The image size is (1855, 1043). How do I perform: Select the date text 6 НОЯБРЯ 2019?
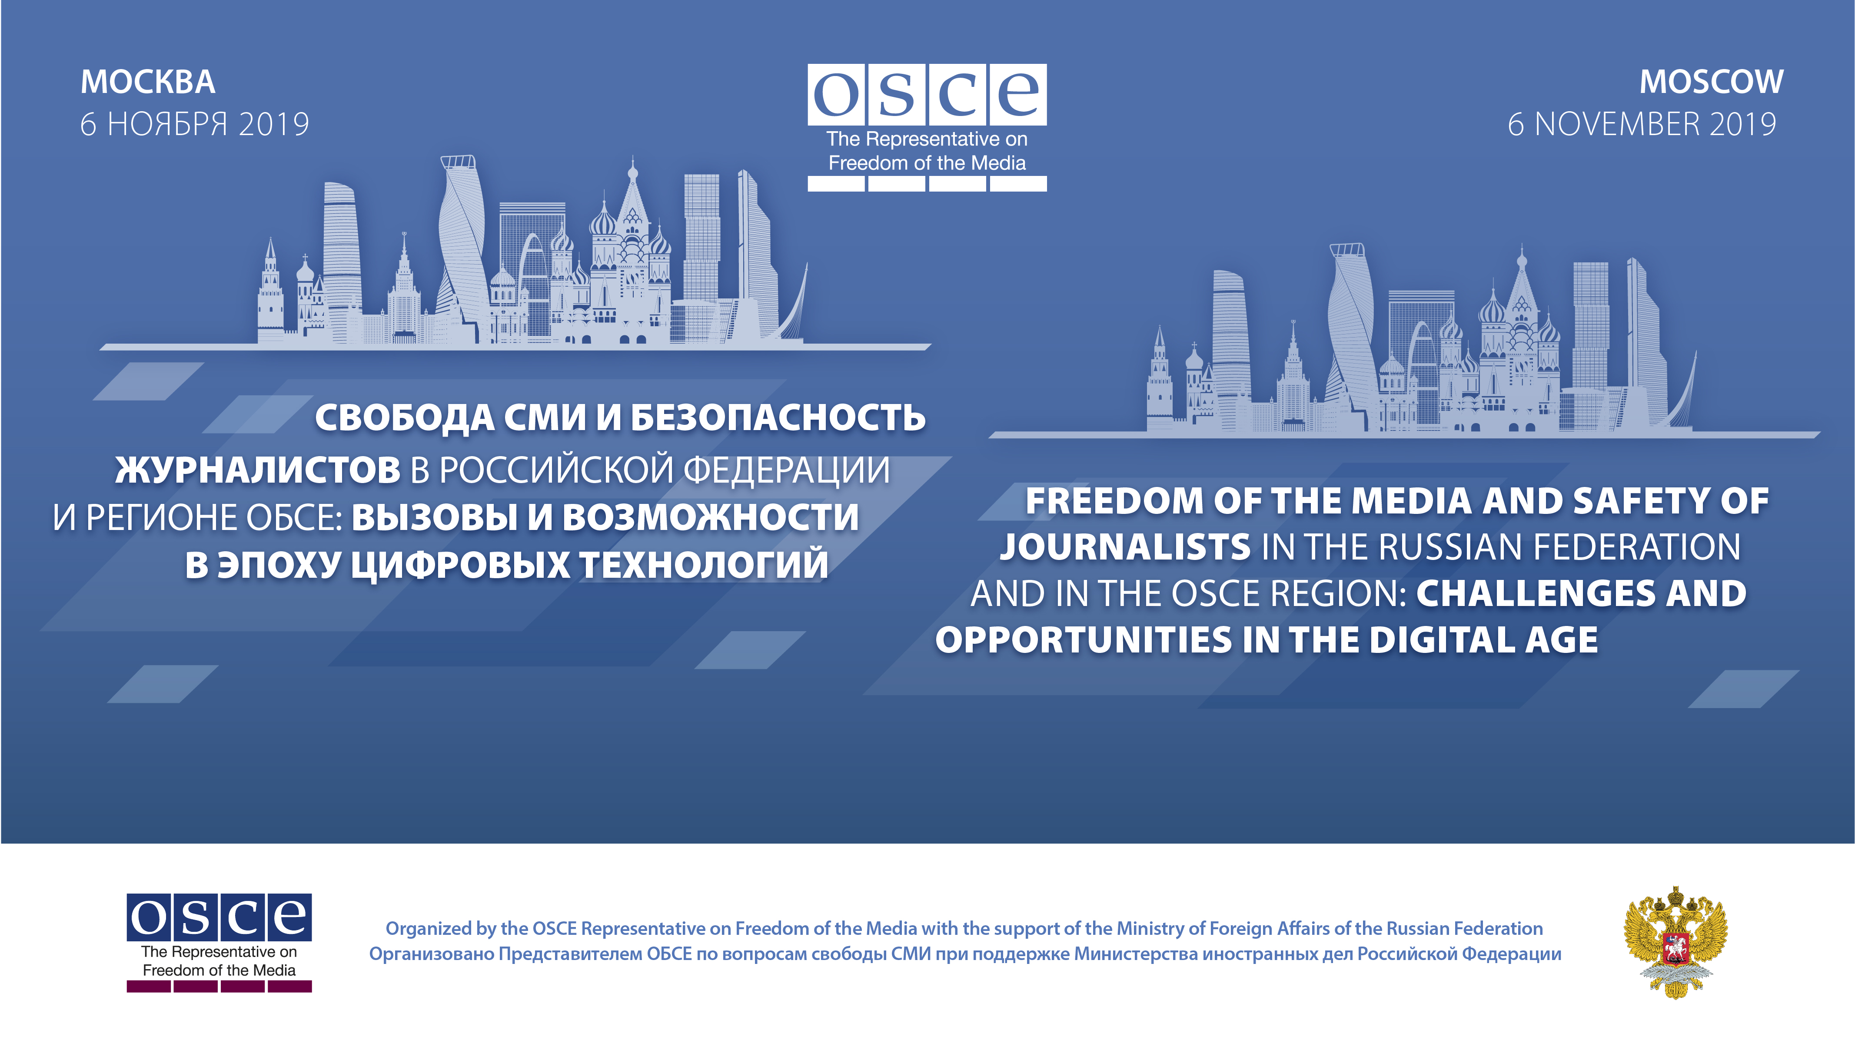pyautogui.click(x=194, y=124)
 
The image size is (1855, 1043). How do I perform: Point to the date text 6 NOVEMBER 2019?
pyautogui.click(x=1642, y=124)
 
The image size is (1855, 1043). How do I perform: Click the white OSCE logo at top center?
pyautogui.click(x=927, y=127)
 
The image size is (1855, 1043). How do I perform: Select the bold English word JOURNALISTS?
pyautogui.click(x=1125, y=547)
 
